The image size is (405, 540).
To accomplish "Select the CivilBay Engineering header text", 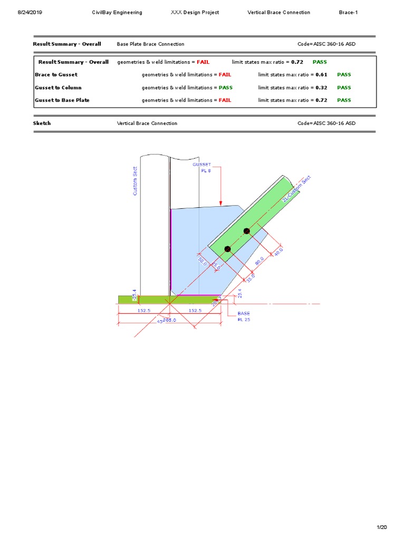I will tap(117, 12).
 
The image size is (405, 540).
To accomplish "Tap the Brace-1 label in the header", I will tap(348, 12).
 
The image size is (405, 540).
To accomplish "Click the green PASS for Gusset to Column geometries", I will tap(226, 88).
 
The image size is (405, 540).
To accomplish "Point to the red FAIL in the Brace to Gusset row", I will tap(225, 75).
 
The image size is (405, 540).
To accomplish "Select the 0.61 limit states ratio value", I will tap(321, 75).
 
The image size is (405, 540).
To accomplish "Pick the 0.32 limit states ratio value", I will tap(321, 88).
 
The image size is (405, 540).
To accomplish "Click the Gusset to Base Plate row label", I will tap(62, 100).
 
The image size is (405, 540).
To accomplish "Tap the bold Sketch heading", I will tap(42, 123).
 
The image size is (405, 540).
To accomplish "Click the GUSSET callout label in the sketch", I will tap(201, 165).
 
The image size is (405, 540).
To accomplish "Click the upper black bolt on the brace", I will tap(246, 231).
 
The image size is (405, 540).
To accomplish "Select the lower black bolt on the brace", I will tap(228, 249).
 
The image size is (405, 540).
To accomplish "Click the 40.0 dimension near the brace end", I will tap(278, 251).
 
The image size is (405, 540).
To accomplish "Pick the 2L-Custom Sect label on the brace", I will tap(297, 189).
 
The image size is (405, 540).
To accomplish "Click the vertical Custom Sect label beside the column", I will tap(135, 182).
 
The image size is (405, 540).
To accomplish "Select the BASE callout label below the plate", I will tap(244, 313).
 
